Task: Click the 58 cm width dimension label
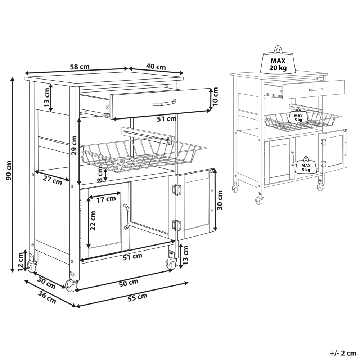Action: pyautogui.click(x=80, y=67)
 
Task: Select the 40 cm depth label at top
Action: pyautogui.click(x=156, y=67)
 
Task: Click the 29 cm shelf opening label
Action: pyautogui.click(x=73, y=146)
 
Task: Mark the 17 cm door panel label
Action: pyautogui.click(x=107, y=198)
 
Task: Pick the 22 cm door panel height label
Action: pyautogui.click(x=93, y=221)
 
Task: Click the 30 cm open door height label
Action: pyautogui.click(x=220, y=201)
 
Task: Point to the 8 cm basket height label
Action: pyautogui.click(x=100, y=175)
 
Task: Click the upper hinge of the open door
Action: pyautogui.click(x=176, y=190)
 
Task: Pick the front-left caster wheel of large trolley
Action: pyautogui.click(x=71, y=284)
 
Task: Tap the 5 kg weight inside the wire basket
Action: pyautogui.click(x=297, y=117)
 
